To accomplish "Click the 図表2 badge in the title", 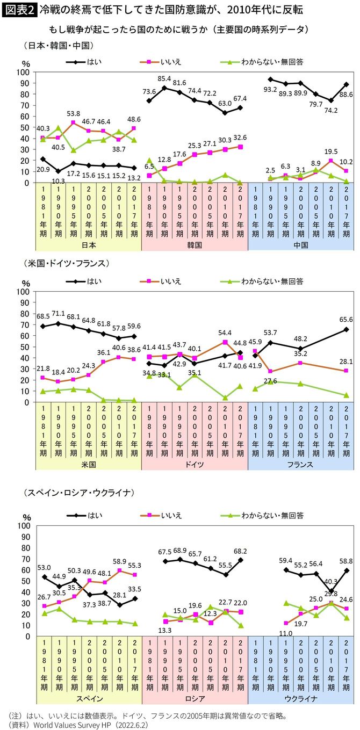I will coord(20,9).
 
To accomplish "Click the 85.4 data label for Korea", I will coord(164,78).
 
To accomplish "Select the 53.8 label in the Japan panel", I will coord(73,114).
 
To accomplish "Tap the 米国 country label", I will coord(88,464).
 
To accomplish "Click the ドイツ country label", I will coord(195,464).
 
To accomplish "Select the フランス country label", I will coord(301,464).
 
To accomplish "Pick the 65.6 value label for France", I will coord(345,319).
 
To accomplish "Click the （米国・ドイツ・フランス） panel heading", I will coord(67,264).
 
